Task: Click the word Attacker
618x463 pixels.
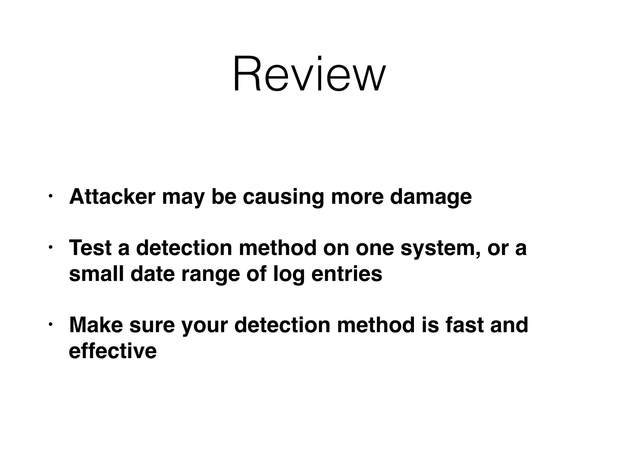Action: point(112,197)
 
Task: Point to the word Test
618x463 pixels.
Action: point(91,248)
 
